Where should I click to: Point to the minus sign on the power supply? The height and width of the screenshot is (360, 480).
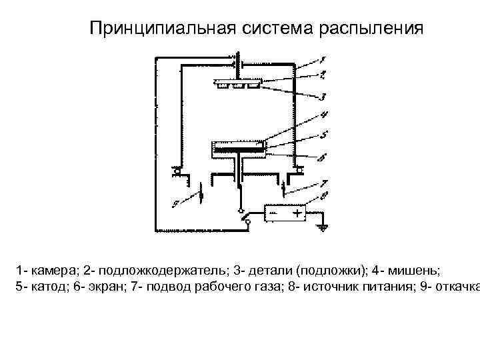click(x=273, y=213)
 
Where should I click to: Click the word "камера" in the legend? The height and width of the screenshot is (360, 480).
click(x=52, y=271)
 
